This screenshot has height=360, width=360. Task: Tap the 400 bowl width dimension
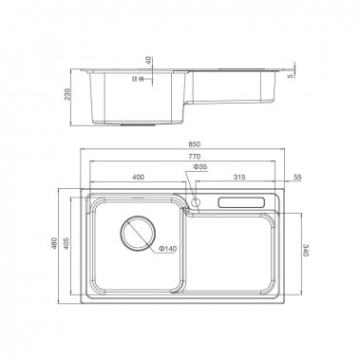[x=139, y=178]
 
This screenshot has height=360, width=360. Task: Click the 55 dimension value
[x=296, y=178]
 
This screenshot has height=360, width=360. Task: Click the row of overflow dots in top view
[x=138, y=199]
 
